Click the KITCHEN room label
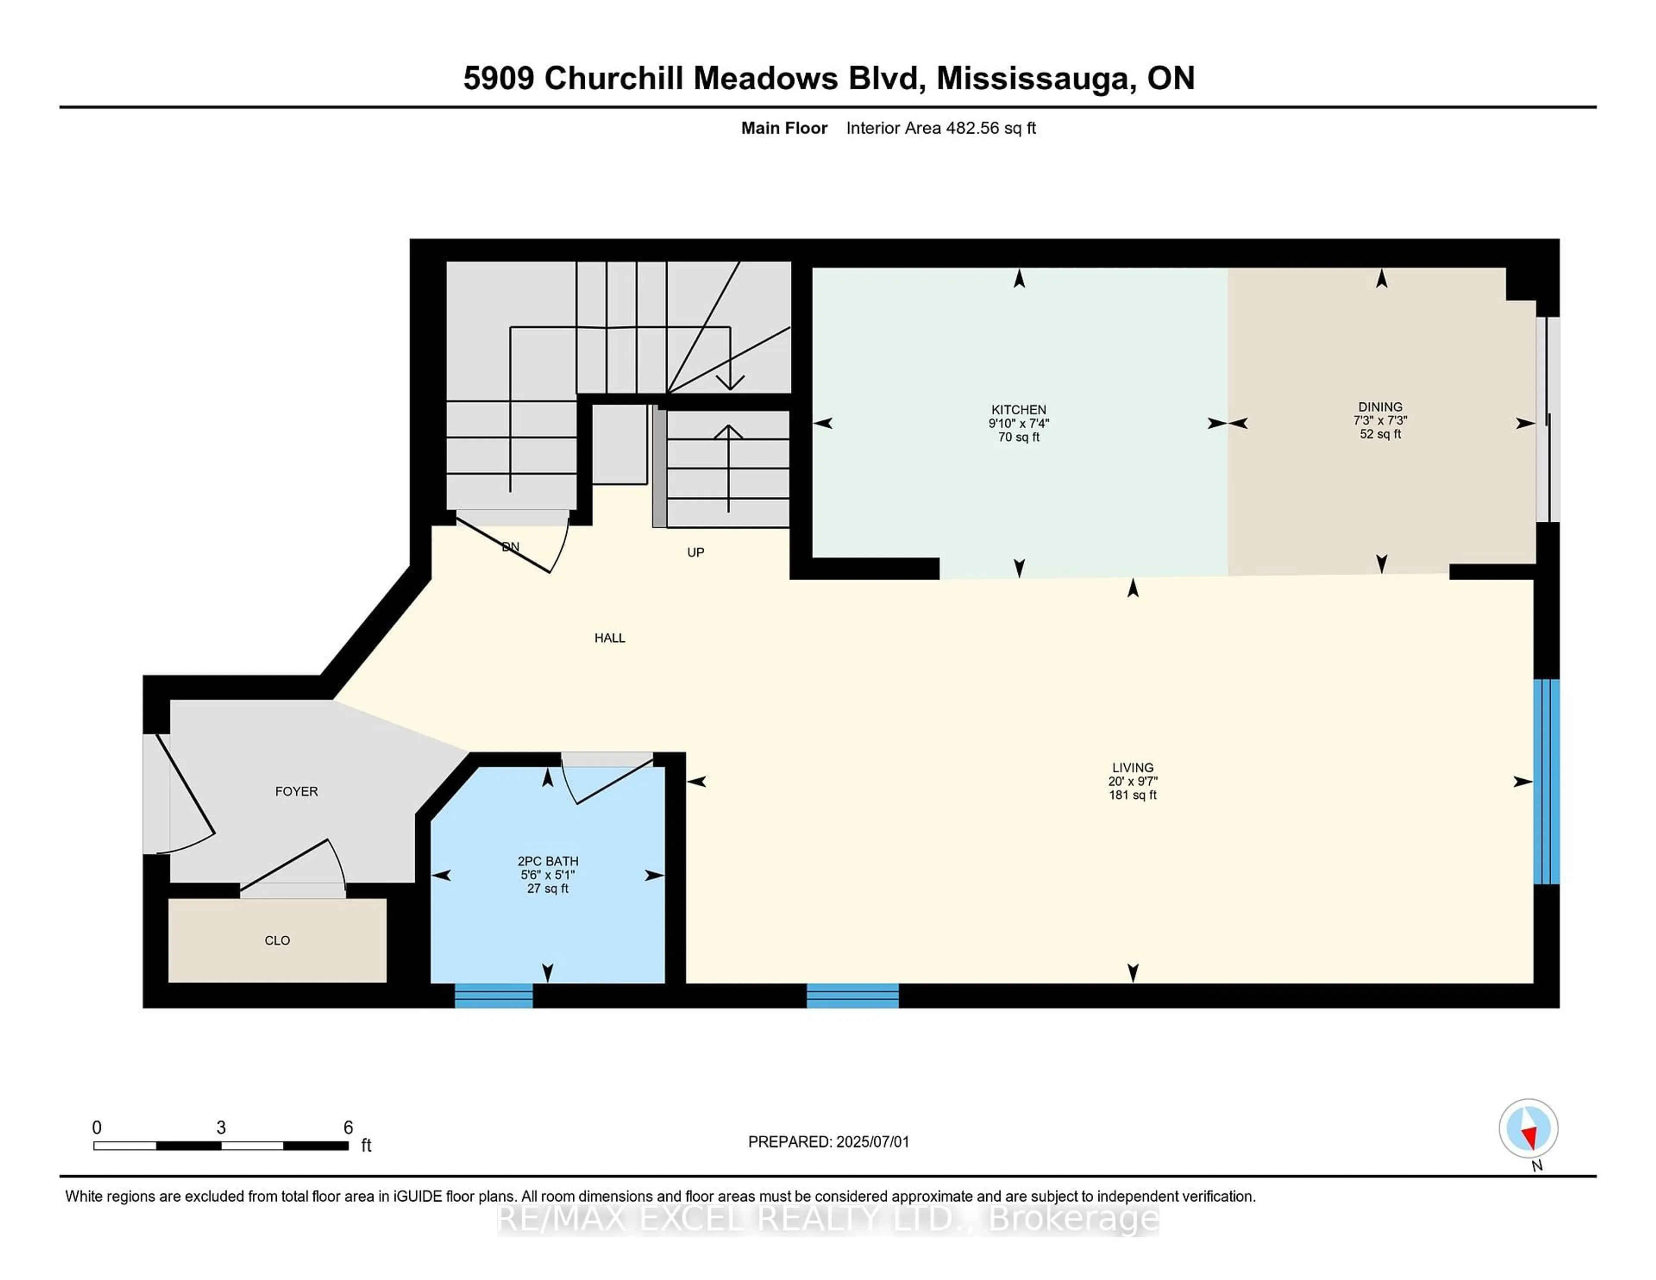pyautogui.click(x=1018, y=409)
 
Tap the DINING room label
pyautogui.click(x=1380, y=407)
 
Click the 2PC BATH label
pyautogui.click(x=547, y=861)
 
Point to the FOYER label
pyautogui.click(x=296, y=791)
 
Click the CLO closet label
pyautogui.click(x=277, y=940)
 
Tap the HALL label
pyautogui.click(x=610, y=638)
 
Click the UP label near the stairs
pyautogui.click(x=695, y=552)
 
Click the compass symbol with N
pyautogui.click(x=1528, y=1128)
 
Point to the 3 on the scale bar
pyautogui.click(x=221, y=1128)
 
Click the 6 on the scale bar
pyautogui.click(x=348, y=1128)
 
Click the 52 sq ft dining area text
pyautogui.click(x=1380, y=435)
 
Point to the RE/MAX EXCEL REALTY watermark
pyautogui.click(x=828, y=1219)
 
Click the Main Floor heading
pyautogui.click(x=784, y=128)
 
